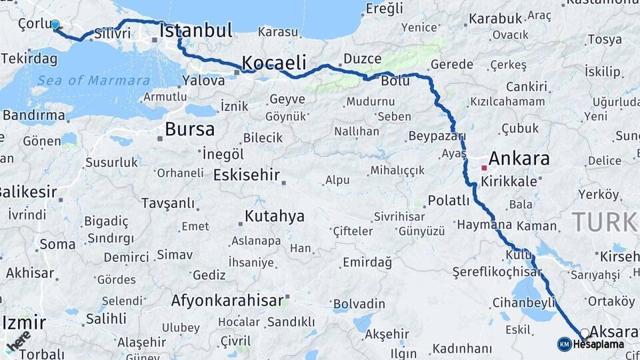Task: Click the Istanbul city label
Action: tap(196, 30)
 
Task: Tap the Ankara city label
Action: tap(519, 159)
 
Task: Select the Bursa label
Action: tap(190, 129)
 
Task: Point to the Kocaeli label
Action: tap(274, 63)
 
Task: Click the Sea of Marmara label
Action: tap(93, 81)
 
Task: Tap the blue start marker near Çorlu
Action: tap(55, 25)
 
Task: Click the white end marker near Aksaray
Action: tap(585, 333)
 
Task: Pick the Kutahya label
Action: tap(275, 216)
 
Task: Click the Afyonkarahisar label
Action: tap(227, 300)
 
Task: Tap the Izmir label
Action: tap(24, 323)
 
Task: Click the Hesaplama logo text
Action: tap(598, 344)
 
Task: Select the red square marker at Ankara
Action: tap(484, 167)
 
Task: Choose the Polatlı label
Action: tap(449, 200)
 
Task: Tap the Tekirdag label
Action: tap(29, 59)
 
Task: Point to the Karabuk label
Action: tap(495, 18)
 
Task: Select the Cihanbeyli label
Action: tap(523, 303)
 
